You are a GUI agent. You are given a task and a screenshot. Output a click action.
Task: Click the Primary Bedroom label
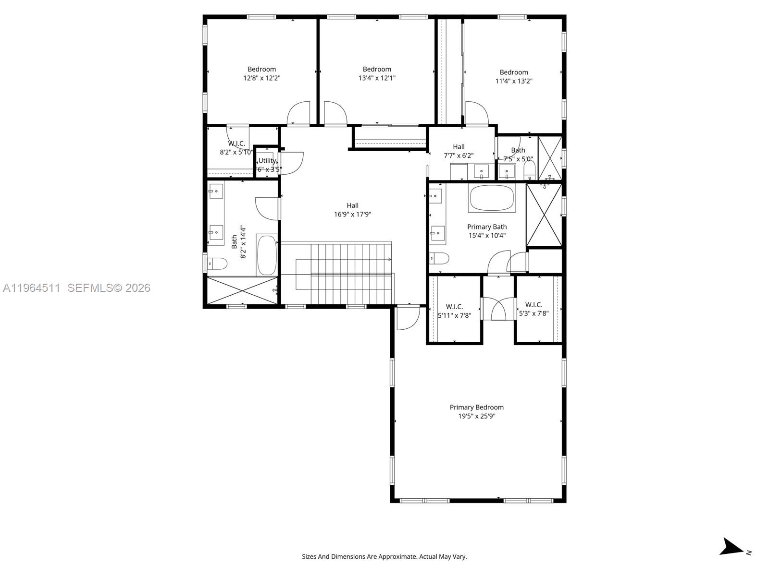476,407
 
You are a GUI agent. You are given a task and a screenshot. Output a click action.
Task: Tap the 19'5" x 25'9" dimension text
476,416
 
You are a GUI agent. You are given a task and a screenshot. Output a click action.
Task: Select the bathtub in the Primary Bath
492,198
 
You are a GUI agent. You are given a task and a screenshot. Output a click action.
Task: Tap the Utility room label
267,160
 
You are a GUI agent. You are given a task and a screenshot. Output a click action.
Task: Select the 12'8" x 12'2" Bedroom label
261,69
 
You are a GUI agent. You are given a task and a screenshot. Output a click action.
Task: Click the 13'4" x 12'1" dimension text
377,78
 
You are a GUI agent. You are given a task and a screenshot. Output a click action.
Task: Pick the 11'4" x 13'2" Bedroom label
513,72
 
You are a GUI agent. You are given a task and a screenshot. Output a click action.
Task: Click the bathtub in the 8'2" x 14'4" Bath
267,254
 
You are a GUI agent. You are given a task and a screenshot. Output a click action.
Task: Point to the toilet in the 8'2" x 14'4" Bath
217,263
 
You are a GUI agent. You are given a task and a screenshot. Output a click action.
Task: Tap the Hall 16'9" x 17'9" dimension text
352,215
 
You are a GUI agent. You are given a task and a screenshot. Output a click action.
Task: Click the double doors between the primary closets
498,309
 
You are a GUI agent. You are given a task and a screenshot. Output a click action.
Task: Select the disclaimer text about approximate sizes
384,557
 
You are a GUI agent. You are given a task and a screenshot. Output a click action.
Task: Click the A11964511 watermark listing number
32,288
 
